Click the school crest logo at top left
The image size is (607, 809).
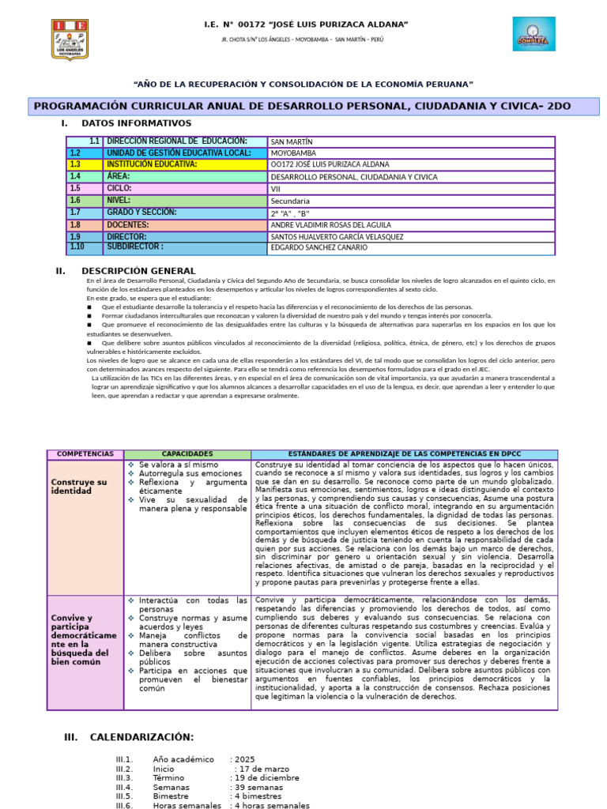point(70,40)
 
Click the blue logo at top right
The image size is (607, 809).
point(533,35)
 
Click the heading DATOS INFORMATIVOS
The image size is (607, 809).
point(136,123)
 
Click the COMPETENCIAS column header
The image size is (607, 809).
point(85,454)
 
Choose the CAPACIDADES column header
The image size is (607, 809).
point(187,454)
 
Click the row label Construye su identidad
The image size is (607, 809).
point(78,487)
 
